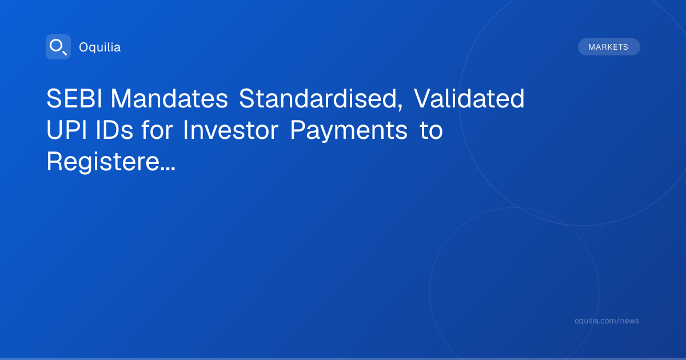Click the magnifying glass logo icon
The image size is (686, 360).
[x=58, y=47]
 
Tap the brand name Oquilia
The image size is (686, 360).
[x=100, y=47]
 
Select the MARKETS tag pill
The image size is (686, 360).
[x=609, y=47]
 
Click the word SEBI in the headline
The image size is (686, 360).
[x=74, y=98]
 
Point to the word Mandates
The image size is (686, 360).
[x=169, y=98]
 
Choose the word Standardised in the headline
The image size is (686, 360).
[x=318, y=98]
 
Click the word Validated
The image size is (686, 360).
[x=469, y=98]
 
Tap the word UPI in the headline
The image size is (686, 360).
[x=66, y=130]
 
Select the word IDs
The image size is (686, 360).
[x=114, y=130]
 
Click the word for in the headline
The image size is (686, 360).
[x=157, y=130]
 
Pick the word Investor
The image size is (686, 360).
[x=230, y=130]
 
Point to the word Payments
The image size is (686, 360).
[x=349, y=131]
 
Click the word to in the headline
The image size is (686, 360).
[x=431, y=131]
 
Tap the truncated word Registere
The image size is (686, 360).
[x=103, y=163]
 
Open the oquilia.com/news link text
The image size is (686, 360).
[x=607, y=321]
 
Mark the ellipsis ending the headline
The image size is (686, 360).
[x=167, y=169]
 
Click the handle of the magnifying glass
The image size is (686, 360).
[x=65, y=53]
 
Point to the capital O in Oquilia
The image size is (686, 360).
[x=83, y=47]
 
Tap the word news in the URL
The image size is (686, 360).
[x=629, y=321]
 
